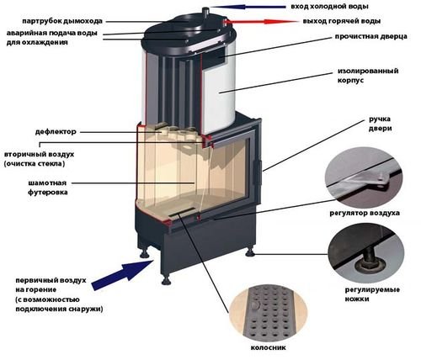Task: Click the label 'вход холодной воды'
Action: click(329, 7)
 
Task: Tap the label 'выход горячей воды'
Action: click(342, 21)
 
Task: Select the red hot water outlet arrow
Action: click(262, 21)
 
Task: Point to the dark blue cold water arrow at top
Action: click(247, 7)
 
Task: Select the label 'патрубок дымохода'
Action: click(62, 21)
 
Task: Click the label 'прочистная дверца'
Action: click(370, 37)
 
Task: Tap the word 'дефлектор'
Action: click(56, 131)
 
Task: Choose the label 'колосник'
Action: click(269, 347)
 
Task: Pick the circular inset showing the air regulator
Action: click(364, 179)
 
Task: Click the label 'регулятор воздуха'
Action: click(365, 213)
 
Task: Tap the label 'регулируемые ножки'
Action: click(372, 294)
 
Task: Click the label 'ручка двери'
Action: click(380, 124)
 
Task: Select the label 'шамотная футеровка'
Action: click(47, 188)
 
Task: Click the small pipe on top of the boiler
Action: click(206, 13)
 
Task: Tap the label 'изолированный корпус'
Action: click(368, 75)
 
